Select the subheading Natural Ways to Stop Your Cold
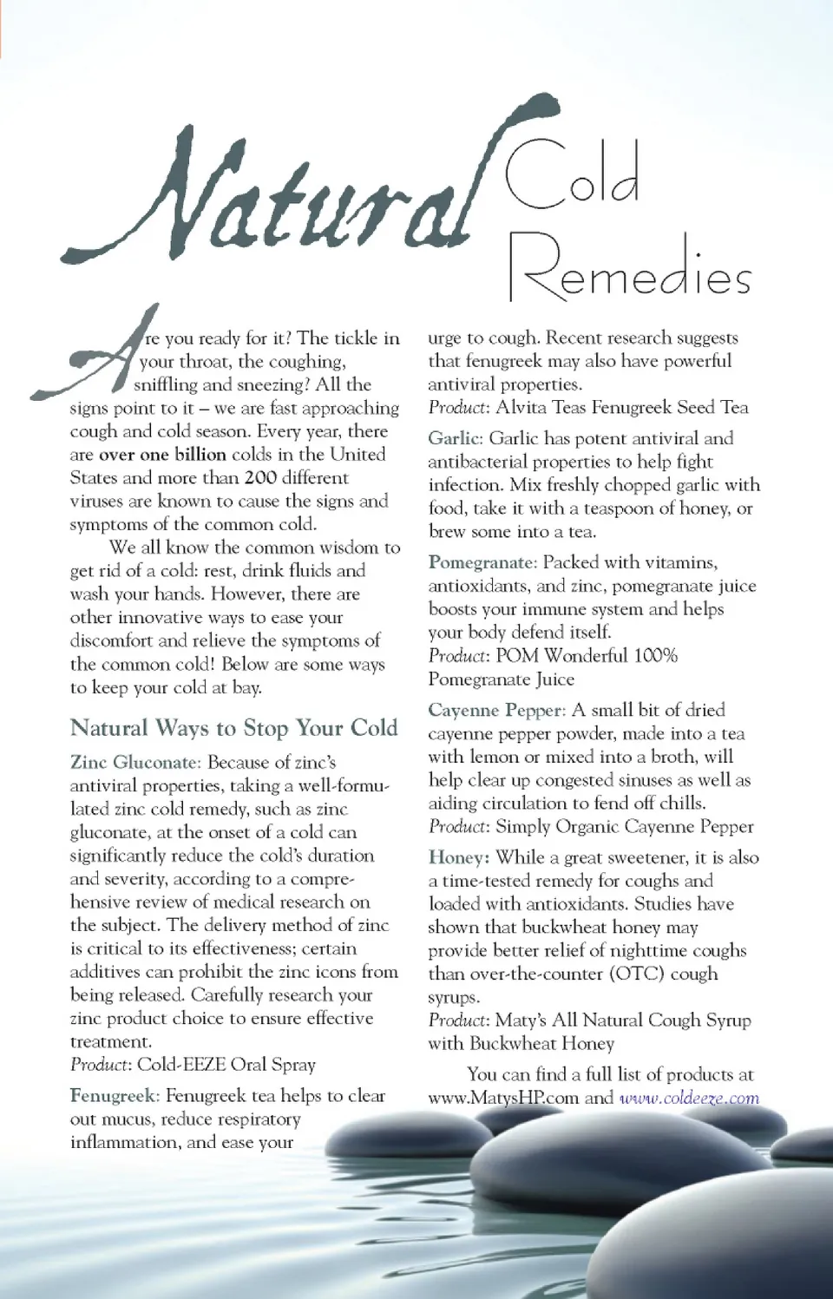click(233, 727)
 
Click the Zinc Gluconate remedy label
click(135, 763)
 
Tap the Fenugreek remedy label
click(114, 1096)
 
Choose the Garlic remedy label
click(454, 438)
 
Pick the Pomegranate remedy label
click(482, 562)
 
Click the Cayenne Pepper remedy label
click(495, 710)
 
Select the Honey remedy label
click(458, 857)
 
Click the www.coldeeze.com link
click(689, 1098)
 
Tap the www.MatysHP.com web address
click(502, 1098)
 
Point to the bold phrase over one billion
click(162, 455)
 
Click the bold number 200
click(260, 478)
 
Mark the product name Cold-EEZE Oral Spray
click(226, 1064)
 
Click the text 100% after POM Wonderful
click(655, 655)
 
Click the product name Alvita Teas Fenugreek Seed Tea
click(621, 407)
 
